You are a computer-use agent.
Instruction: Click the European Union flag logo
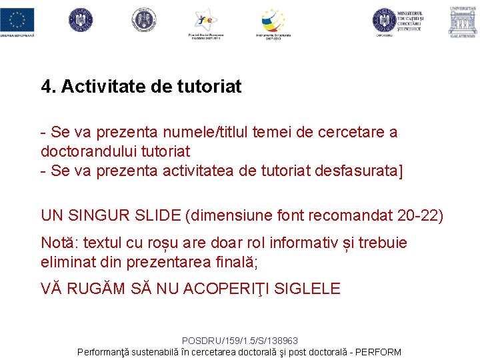[17, 19]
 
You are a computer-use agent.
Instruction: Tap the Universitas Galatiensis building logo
[462, 21]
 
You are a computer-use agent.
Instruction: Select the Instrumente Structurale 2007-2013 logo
[273, 22]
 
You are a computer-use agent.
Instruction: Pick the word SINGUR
[97, 215]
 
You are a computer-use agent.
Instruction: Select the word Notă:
[58, 243]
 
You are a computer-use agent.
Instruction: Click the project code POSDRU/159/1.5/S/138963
[239, 340]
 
